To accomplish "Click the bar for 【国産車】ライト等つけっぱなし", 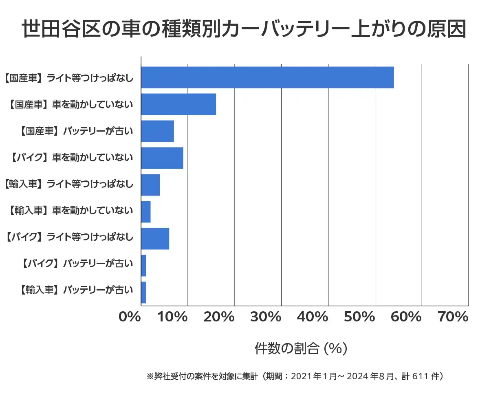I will (267, 77).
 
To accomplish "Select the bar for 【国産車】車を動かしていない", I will (178, 104).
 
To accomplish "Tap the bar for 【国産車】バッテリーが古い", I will (157, 131).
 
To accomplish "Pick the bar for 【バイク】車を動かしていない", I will (162, 158).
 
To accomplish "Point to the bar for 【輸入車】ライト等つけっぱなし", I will (150, 185).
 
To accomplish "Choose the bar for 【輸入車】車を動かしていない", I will (146, 212).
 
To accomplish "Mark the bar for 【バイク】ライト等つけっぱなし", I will (155, 239).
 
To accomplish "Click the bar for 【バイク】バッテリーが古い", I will (143, 266).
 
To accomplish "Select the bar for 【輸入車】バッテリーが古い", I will (143, 293).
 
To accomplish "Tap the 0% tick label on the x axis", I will (130, 317).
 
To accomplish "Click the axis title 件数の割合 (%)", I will (301, 349).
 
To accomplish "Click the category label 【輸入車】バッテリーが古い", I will (76, 290).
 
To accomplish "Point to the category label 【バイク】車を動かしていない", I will (71, 158).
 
